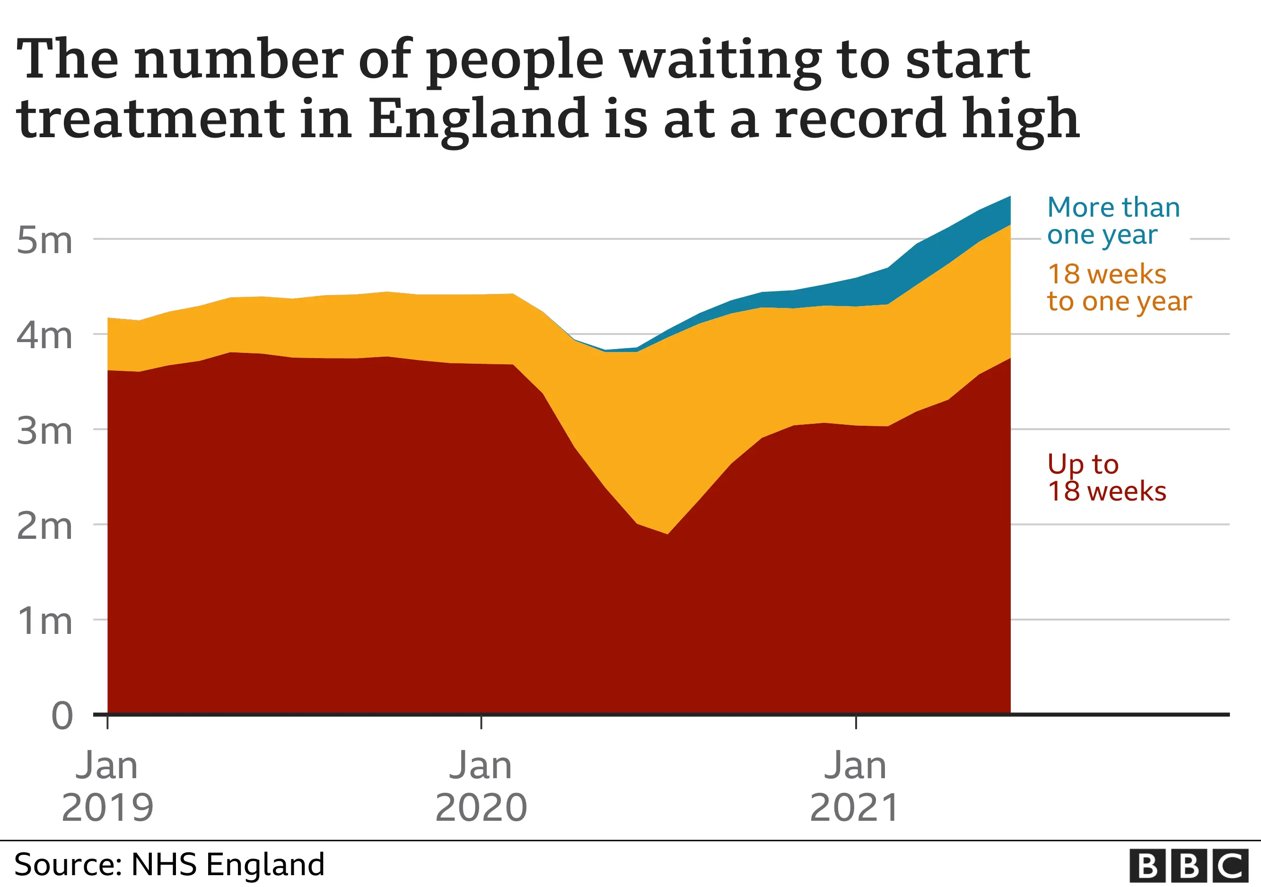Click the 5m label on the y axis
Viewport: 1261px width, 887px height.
(x=44, y=241)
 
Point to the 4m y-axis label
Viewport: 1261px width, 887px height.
(x=44, y=335)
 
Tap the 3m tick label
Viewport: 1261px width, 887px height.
(x=44, y=431)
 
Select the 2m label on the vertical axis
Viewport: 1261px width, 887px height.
(x=44, y=526)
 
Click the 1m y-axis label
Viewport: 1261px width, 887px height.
(x=44, y=622)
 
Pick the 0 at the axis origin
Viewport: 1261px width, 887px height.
(x=61, y=716)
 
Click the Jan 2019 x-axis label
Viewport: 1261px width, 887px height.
(x=107, y=787)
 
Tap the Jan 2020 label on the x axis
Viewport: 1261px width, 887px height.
(x=481, y=787)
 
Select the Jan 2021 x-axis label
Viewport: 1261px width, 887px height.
(x=855, y=787)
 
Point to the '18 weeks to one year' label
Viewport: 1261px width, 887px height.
(x=1118, y=287)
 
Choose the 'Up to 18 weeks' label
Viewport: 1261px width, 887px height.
(x=1106, y=477)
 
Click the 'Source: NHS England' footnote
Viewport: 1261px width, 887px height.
(x=169, y=864)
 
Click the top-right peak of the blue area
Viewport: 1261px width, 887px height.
(x=1009, y=197)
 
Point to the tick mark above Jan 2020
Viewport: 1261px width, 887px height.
(x=481, y=722)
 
